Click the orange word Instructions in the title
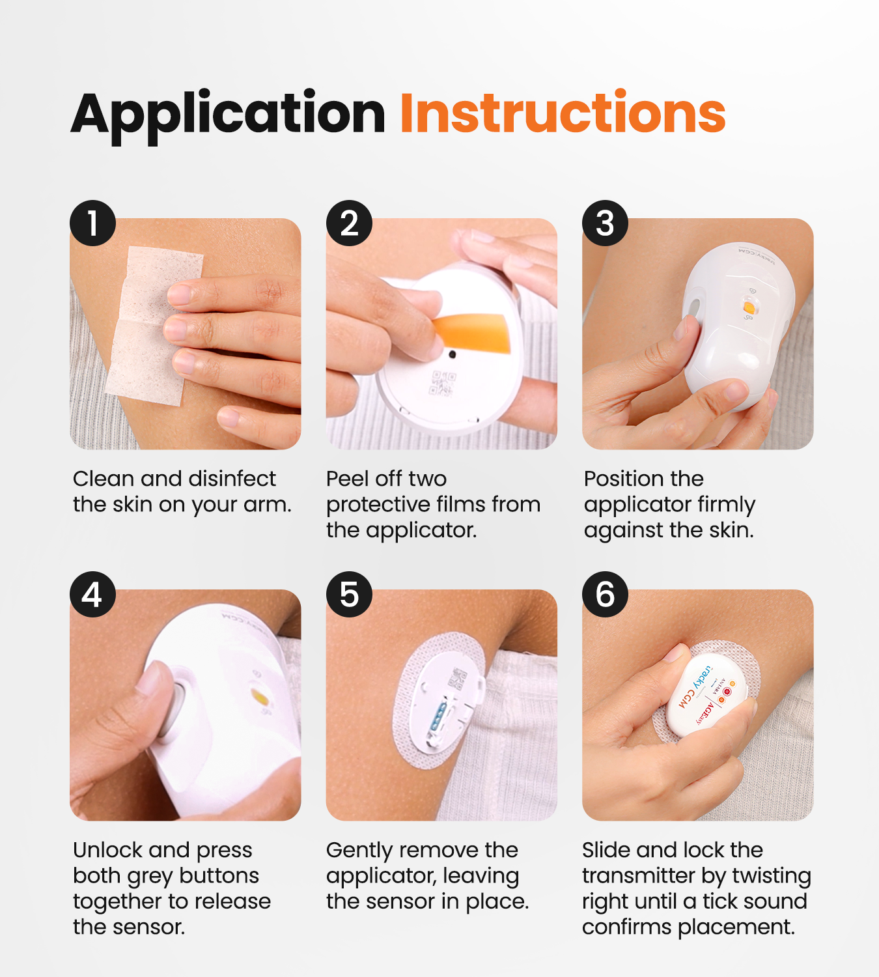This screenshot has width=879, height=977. coord(563,113)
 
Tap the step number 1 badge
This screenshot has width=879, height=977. coord(92,223)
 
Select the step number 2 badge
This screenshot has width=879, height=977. coord(349,223)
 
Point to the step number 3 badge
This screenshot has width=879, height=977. coord(605,223)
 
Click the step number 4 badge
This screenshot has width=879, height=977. coord(92,594)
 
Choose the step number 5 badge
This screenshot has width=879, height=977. coord(349,594)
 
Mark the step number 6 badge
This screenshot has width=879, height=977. coord(605,594)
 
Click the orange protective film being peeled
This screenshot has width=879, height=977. coord(475,332)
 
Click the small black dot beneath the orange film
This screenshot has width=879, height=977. coord(452,355)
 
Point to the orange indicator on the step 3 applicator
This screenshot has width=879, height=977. coord(749,307)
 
